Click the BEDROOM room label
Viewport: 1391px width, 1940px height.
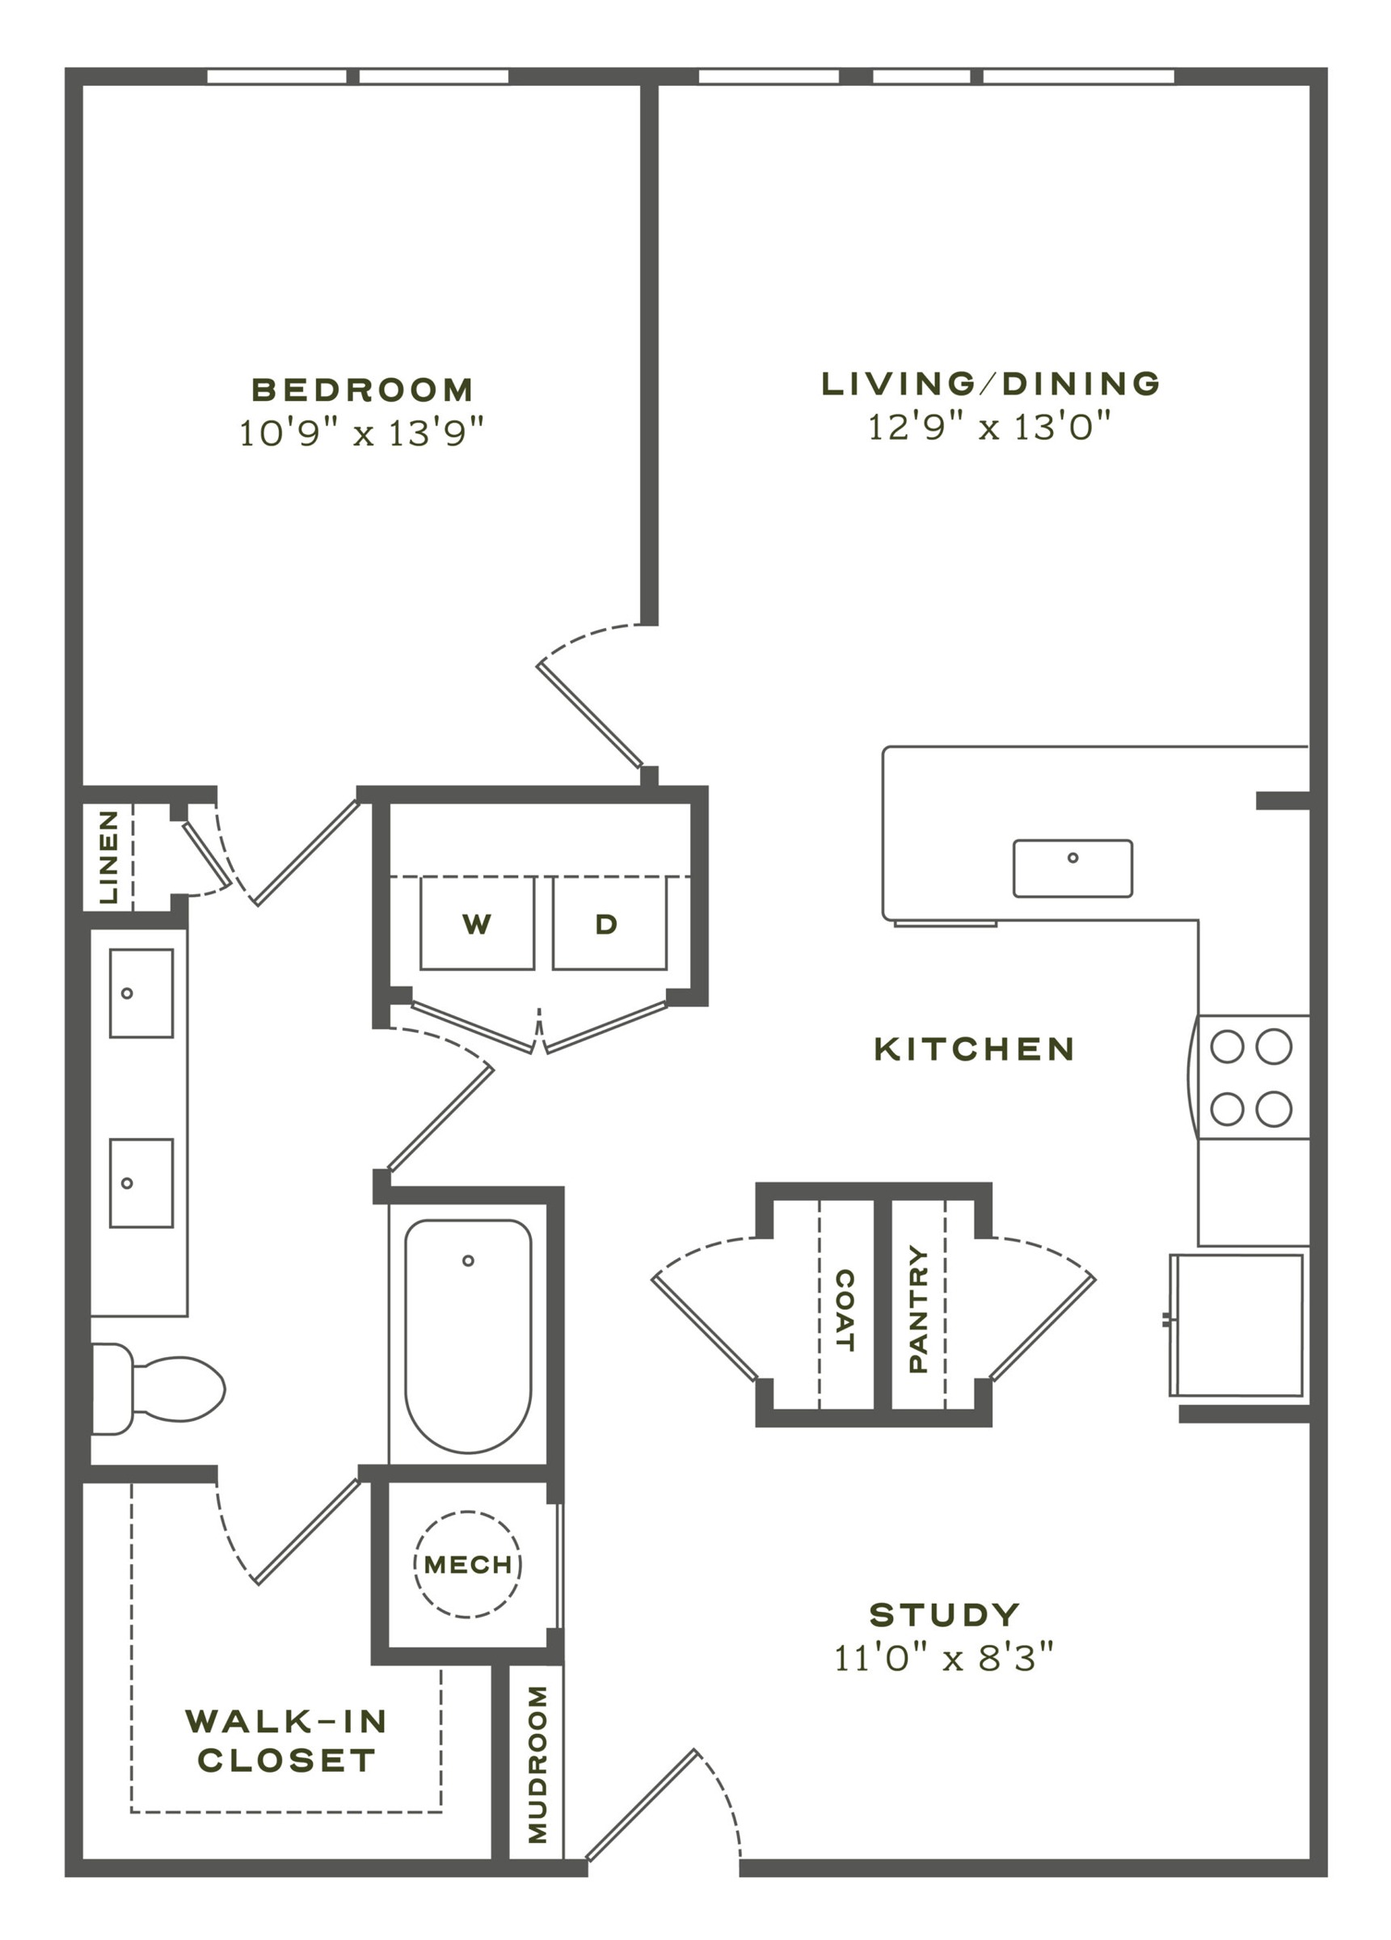(362, 390)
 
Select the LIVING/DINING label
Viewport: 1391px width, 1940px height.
(991, 383)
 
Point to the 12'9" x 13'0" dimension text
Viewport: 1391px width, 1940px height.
(990, 426)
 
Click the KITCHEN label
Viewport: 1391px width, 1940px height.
(975, 1048)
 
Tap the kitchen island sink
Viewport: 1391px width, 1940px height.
(1073, 868)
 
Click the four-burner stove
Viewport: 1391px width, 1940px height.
(1253, 1077)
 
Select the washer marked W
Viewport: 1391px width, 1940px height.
(477, 923)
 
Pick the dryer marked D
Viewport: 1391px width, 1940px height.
(609, 923)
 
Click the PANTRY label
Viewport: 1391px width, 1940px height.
(918, 1309)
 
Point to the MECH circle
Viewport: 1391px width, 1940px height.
(468, 1564)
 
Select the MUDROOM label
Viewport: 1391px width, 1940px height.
(537, 1765)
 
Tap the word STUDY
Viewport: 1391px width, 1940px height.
(945, 1615)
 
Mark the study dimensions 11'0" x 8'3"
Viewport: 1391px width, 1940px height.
(943, 1659)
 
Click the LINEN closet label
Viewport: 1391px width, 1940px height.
(108, 857)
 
